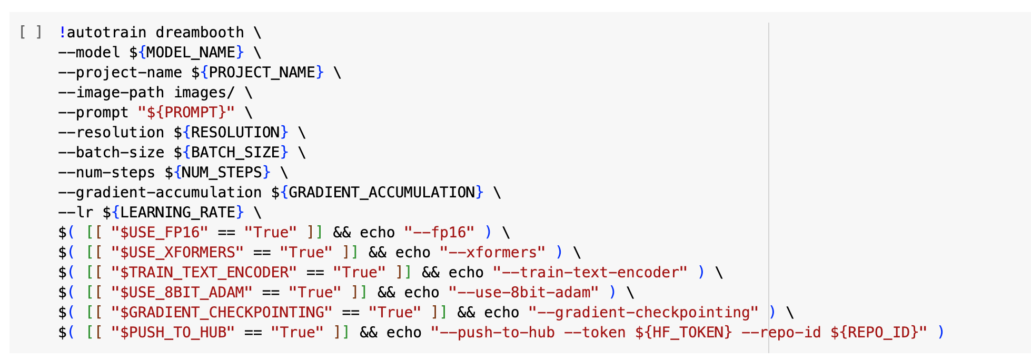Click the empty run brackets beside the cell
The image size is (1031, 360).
[x=30, y=32]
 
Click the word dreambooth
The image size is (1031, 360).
[x=200, y=33]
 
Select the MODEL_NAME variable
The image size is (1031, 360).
[x=191, y=53]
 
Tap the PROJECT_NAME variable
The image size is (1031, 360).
[x=262, y=73]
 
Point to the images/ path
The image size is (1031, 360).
[x=204, y=93]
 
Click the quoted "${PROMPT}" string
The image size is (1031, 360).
[x=186, y=113]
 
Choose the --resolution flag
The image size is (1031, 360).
[x=111, y=133]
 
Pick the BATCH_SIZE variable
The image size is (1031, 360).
[x=235, y=153]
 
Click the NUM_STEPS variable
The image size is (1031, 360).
[x=222, y=173]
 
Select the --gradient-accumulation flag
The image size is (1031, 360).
[x=160, y=193]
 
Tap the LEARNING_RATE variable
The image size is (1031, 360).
[x=177, y=213]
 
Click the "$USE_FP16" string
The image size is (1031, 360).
[x=160, y=233]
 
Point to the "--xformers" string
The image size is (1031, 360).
[x=492, y=253]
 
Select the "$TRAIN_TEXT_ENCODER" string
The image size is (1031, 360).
[x=204, y=273]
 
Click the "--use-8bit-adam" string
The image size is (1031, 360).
[x=523, y=293]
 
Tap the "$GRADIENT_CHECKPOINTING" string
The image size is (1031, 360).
[x=222, y=313]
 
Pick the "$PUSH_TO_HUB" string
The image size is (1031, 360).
[x=173, y=333]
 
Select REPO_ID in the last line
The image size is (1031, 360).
[x=878, y=333]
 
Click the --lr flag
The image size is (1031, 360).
[x=76, y=213]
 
